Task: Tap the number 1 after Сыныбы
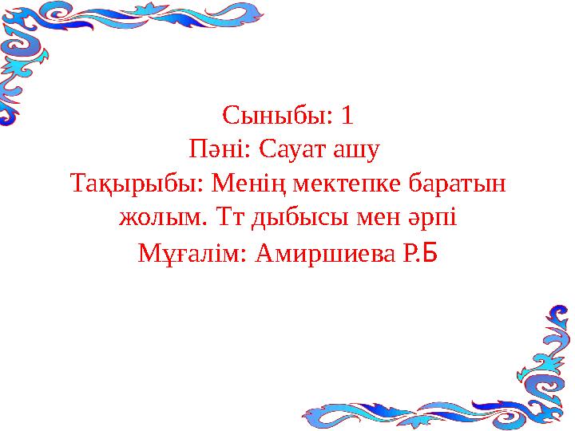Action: click(347, 116)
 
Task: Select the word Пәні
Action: click(216, 148)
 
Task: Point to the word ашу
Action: click(356, 152)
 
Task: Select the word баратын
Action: click(458, 183)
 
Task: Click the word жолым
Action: click(160, 218)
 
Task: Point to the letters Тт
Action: click(230, 217)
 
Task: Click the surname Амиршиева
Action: click(326, 253)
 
